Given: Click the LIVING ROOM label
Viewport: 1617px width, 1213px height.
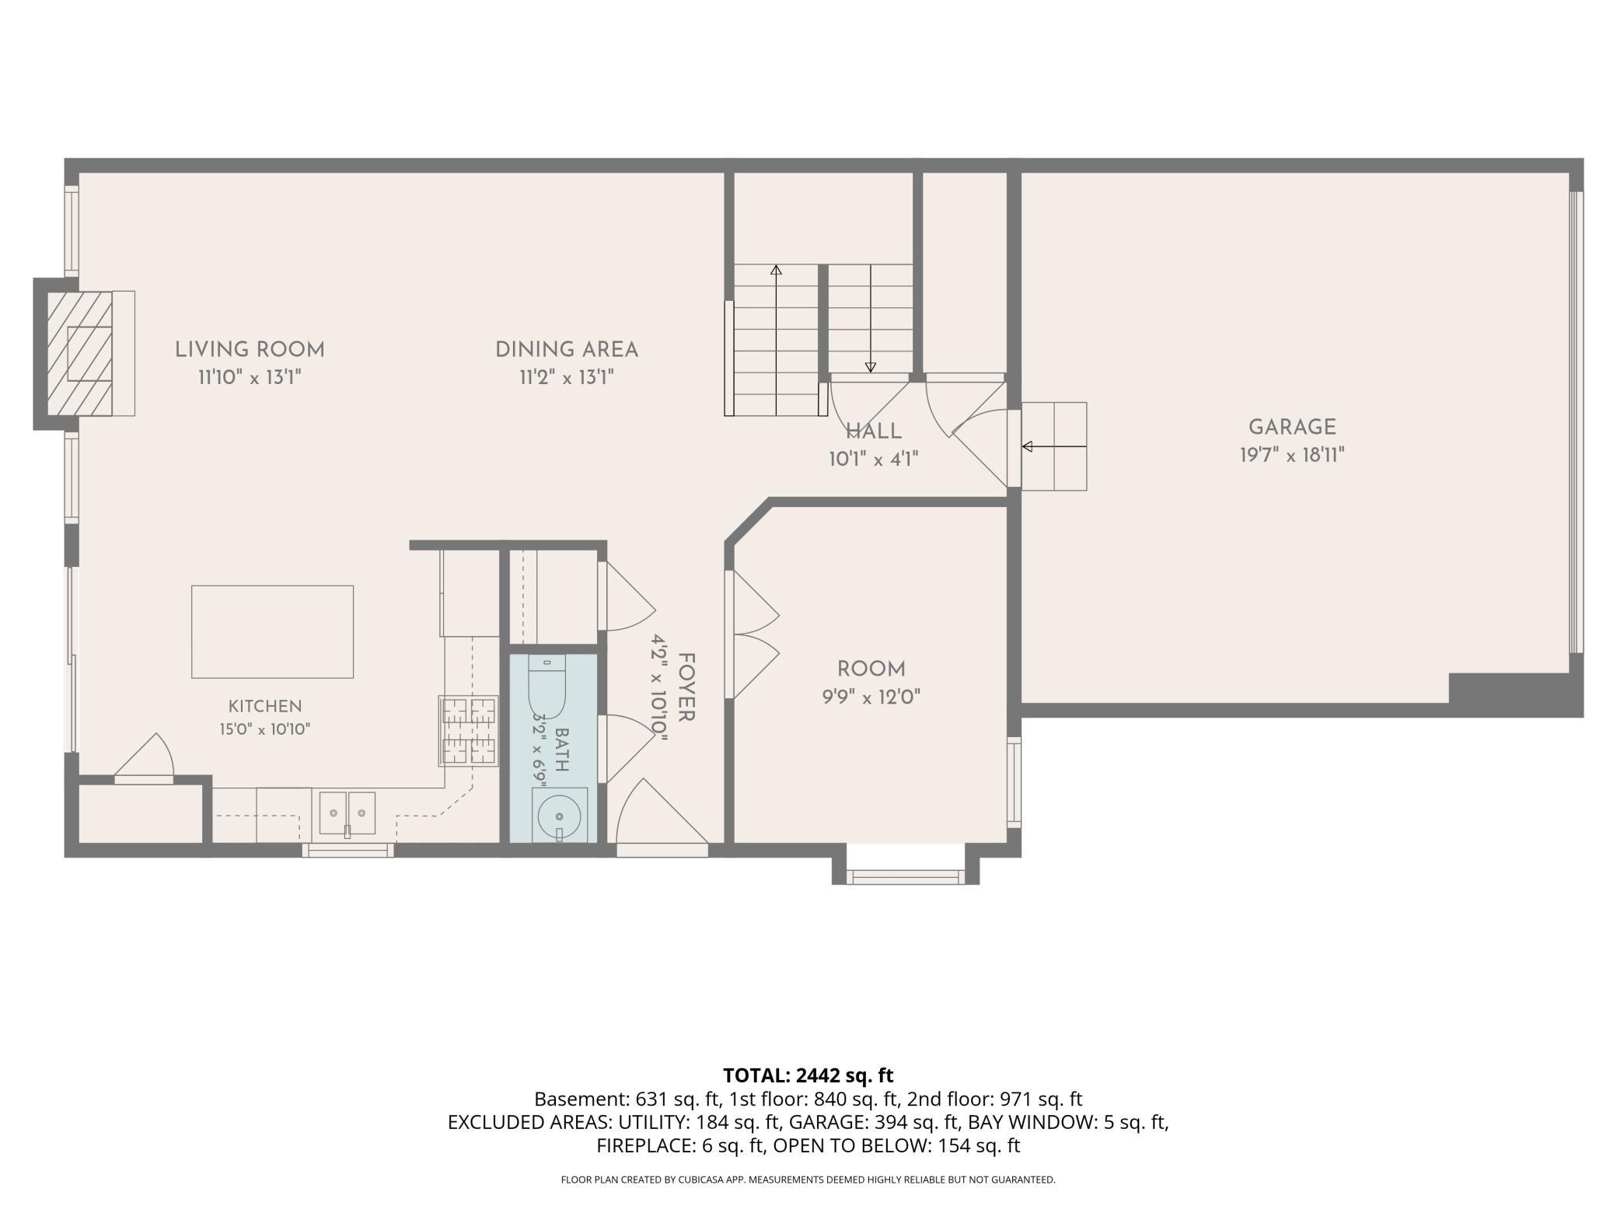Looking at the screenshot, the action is point(250,350).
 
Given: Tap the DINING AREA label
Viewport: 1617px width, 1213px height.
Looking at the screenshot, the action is point(567,350).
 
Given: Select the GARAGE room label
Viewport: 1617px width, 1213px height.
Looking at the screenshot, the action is point(1292,427).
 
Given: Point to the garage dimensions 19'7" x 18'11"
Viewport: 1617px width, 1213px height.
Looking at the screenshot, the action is point(1292,455).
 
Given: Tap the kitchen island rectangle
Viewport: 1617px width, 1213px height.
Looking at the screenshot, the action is point(272,631).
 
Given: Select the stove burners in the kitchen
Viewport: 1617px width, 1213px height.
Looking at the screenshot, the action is point(469,731).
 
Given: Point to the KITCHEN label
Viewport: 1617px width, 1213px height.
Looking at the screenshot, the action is point(265,706).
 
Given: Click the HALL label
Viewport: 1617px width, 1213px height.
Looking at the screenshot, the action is point(874,432).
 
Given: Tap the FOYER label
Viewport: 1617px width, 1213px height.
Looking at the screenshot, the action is point(686,687).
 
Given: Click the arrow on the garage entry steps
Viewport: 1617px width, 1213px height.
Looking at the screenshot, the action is point(1053,446).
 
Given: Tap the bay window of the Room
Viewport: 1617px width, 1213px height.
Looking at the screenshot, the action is point(905,876).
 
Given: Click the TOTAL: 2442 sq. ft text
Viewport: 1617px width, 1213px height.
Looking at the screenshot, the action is point(808,1075).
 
